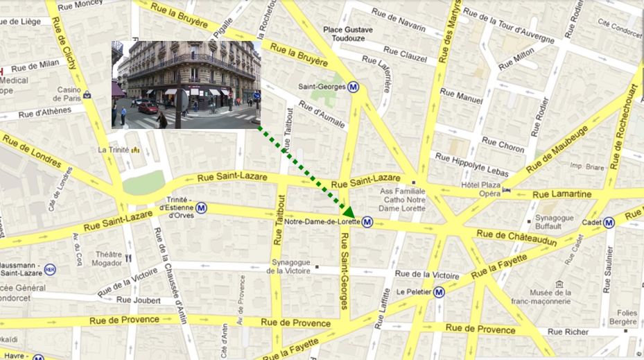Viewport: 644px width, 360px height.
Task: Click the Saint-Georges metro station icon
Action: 354,87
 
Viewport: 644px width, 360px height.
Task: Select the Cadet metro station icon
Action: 609,222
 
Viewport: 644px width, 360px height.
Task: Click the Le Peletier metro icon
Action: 439,292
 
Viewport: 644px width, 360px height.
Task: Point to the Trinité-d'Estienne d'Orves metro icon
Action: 201,207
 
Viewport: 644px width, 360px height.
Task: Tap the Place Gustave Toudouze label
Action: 348,34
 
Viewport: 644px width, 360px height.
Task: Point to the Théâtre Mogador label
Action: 110,258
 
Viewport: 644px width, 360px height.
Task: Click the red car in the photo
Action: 148,108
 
